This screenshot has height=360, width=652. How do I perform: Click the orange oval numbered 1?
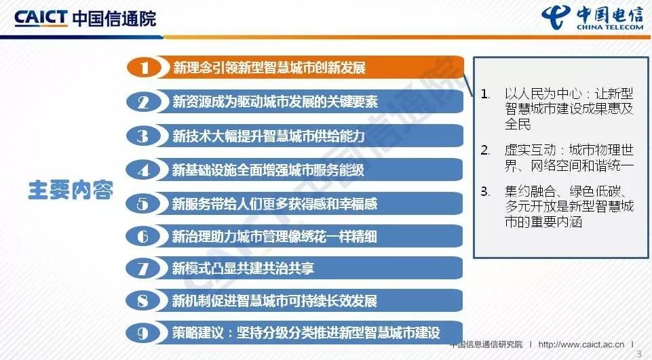tap(145, 67)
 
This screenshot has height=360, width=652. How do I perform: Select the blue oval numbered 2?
tap(143, 102)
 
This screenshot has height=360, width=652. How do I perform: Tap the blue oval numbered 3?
tap(143, 136)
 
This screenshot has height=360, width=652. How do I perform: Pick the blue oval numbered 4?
tap(143, 170)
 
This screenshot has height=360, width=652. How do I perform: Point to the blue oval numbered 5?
tap(143, 203)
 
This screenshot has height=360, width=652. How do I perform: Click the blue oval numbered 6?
tap(143, 236)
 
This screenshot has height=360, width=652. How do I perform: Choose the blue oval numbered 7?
tap(143, 268)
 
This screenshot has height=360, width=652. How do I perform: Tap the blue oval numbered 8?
tap(143, 300)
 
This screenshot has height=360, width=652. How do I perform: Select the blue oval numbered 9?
tap(143, 333)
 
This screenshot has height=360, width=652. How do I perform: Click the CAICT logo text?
tap(40, 18)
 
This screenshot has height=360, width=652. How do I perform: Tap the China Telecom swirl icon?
tap(556, 18)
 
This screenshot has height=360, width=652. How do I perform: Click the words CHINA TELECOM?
tap(609, 27)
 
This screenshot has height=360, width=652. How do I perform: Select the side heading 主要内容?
tap(71, 190)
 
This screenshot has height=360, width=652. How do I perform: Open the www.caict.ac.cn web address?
tap(581, 344)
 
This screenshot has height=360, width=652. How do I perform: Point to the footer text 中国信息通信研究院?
tap(486, 344)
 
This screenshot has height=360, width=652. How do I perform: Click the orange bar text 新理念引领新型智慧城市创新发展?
tap(269, 67)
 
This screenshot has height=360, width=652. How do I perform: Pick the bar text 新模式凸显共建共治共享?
tap(244, 268)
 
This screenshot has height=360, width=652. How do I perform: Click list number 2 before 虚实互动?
tap(485, 150)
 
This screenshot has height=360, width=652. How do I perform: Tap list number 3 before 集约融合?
tap(485, 191)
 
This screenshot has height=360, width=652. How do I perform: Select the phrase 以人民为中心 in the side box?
tap(543, 94)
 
